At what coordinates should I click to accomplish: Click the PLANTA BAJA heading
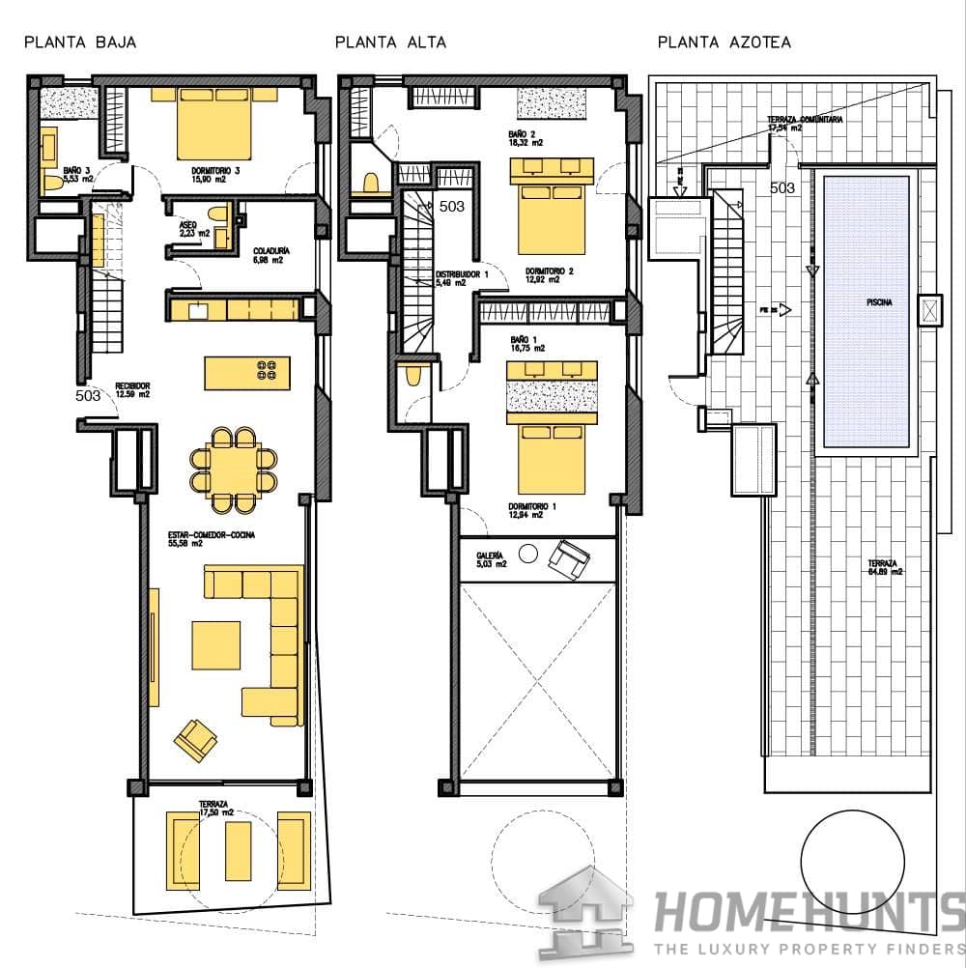(x=80, y=43)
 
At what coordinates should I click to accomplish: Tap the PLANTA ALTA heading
(x=390, y=43)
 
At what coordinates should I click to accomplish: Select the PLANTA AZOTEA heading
(x=724, y=43)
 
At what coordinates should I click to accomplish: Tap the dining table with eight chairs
(x=233, y=470)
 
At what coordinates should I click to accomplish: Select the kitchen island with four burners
(x=246, y=373)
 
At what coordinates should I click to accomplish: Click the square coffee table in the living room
(x=215, y=644)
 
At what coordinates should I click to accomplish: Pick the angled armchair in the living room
(x=195, y=740)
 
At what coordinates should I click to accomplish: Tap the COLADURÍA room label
(x=272, y=254)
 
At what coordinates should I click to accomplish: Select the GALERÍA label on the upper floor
(x=491, y=555)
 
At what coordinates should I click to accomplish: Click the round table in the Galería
(x=527, y=554)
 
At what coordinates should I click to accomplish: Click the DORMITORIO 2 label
(x=549, y=271)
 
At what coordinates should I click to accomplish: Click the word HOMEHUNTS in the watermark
(x=808, y=911)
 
